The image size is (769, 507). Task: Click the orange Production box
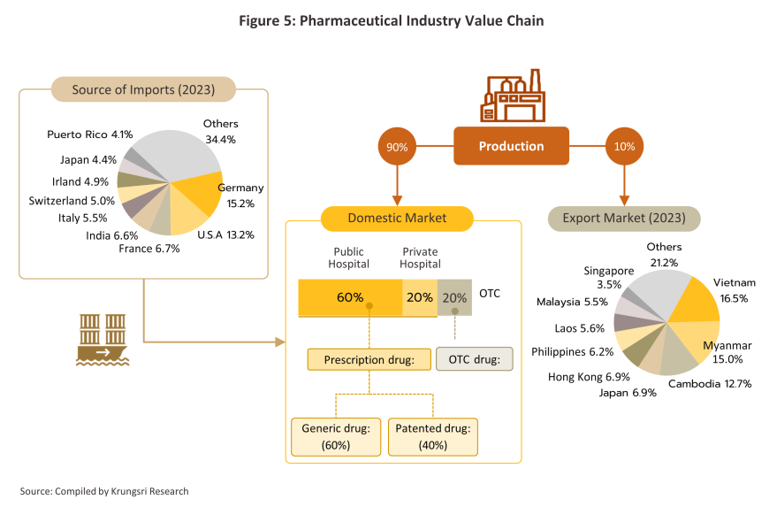(x=511, y=146)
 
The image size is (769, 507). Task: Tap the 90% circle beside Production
(x=397, y=147)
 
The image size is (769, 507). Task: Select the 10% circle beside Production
(x=624, y=146)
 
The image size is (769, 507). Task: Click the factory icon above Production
(x=512, y=96)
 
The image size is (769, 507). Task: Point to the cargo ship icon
(x=103, y=340)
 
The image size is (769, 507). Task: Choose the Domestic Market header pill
(x=397, y=219)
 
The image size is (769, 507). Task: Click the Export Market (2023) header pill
(x=624, y=219)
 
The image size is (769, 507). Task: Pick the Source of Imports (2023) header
(x=143, y=89)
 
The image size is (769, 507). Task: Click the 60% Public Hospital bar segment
(x=350, y=297)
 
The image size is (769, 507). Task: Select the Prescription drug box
(x=369, y=359)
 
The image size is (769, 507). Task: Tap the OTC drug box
(x=475, y=359)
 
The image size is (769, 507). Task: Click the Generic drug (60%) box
(x=336, y=437)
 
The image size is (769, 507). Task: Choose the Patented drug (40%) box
(x=432, y=437)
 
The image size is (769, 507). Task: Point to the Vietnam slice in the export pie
(x=695, y=300)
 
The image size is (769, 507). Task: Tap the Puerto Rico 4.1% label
(x=90, y=134)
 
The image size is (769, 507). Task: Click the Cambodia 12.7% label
(x=710, y=384)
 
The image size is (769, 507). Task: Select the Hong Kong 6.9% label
(x=589, y=377)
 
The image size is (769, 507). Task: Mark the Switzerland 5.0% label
(x=72, y=201)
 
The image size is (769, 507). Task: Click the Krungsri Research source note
(x=104, y=491)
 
